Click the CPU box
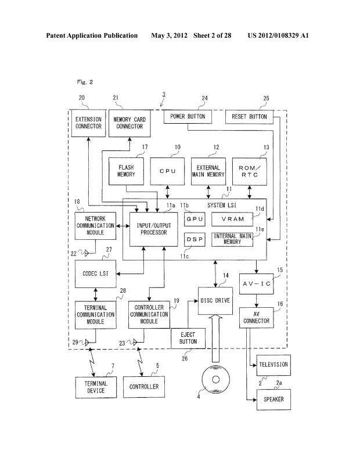pos(167,171)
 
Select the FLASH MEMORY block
pos(125,171)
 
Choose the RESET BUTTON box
pos(249,117)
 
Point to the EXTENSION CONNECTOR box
pos(88,123)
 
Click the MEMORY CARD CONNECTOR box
pos(129,123)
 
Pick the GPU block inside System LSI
pos(193,219)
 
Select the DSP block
pos(193,240)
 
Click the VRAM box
pos(233,219)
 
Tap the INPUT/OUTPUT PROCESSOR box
pos(152,229)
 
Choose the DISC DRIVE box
pos(215,301)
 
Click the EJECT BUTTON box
pos(188,338)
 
